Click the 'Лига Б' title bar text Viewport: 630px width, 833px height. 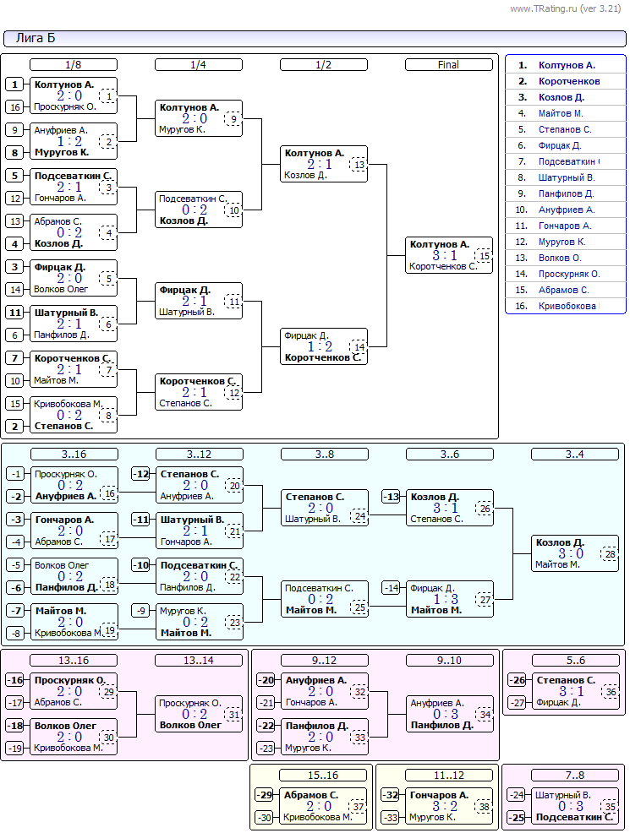(x=36, y=38)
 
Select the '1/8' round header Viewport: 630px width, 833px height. (x=74, y=65)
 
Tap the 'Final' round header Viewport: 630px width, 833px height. (x=449, y=65)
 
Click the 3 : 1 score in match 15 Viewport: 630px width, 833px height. (x=445, y=255)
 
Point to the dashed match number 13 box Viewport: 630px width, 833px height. (x=359, y=165)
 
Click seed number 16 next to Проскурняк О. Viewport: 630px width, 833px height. (x=15, y=106)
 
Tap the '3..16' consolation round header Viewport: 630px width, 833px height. (x=74, y=455)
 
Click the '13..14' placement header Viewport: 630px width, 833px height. (x=199, y=661)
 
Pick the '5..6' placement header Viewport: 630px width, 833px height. (x=575, y=661)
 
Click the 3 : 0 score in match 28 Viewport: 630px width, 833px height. (x=571, y=553)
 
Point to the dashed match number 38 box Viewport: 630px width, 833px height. (x=484, y=807)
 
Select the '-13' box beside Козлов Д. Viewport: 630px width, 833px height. (x=392, y=498)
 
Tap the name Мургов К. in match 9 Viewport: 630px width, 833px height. (x=182, y=129)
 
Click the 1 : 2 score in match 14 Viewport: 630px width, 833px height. (x=320, y=347)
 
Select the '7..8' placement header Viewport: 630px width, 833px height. (x=575, y=775)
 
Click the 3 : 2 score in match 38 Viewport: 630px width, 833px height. (x=445, y=806)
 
